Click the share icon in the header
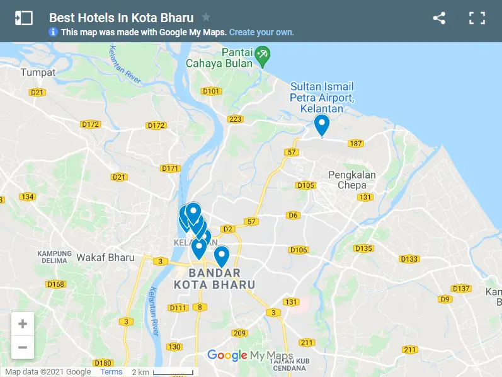439,18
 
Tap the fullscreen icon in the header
477,18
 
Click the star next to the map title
206,18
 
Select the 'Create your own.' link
261,32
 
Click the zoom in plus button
23,324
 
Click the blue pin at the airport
322,125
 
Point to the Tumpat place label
38,72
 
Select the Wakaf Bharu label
105,257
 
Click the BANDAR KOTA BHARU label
215,279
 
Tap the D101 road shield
211,91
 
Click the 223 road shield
236,119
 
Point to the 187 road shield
356,144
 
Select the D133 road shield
409,259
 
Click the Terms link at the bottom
111,372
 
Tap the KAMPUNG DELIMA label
55,257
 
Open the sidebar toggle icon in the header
23,18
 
